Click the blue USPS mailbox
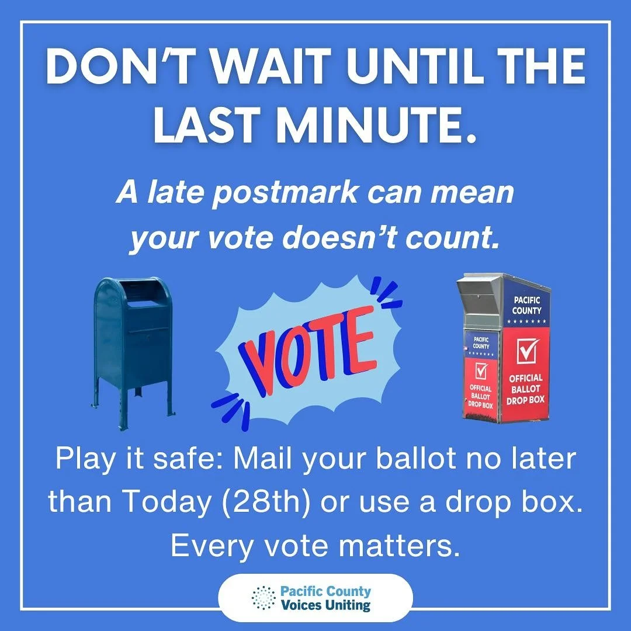point(133,345)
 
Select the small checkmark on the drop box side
point(481,370)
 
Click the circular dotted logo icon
point(264,598)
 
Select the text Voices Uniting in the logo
point(325,605)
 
